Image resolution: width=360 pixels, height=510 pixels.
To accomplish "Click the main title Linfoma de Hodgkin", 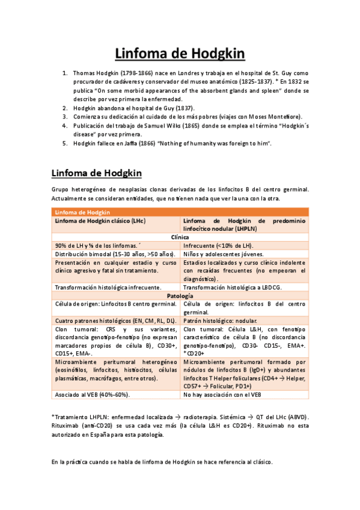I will point(180,54).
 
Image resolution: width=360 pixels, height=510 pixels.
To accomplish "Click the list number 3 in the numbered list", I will point(65,116).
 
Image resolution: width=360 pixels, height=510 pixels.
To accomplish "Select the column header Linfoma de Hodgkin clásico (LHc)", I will point(100,221).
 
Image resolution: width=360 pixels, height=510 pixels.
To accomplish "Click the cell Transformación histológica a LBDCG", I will point(228,288).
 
